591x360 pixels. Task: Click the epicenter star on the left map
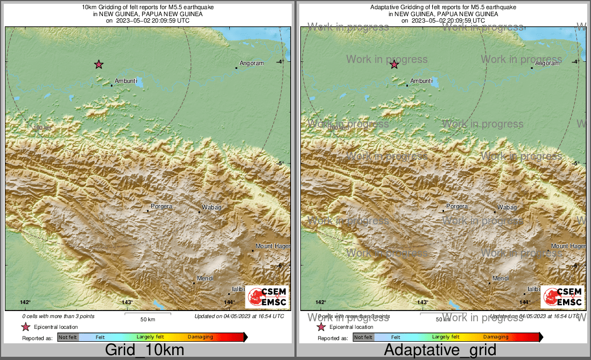(99, 65)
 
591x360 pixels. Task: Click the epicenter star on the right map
(394, 65)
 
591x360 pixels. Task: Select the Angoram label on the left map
(251, 63)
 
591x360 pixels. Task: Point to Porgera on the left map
(161, 206)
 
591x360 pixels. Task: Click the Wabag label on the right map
(507, 207)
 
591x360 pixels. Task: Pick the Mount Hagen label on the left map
(272, 246)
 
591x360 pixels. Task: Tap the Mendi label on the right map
(501, 278)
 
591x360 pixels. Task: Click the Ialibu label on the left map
(238, 289)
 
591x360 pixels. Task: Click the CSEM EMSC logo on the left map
(268, 297)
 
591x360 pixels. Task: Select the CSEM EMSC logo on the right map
(563, 297)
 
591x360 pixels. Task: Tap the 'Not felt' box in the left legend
(68, 337)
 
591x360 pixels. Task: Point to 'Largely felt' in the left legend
(150, 337)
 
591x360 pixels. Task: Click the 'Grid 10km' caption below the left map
(144, 350)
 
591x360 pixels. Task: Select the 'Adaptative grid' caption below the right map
(440, 350)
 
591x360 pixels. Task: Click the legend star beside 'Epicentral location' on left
(25, 327)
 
